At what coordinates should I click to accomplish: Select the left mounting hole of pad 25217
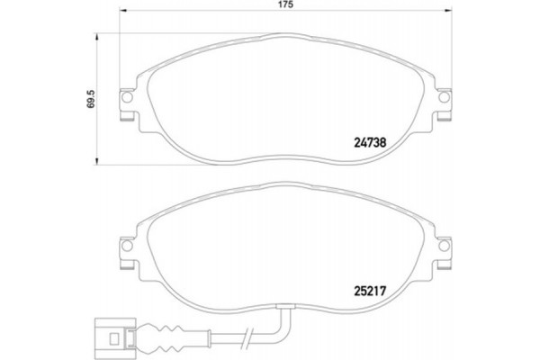[128, 246]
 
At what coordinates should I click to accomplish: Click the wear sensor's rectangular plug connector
[112, 340]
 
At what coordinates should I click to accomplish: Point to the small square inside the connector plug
[112, 340]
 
